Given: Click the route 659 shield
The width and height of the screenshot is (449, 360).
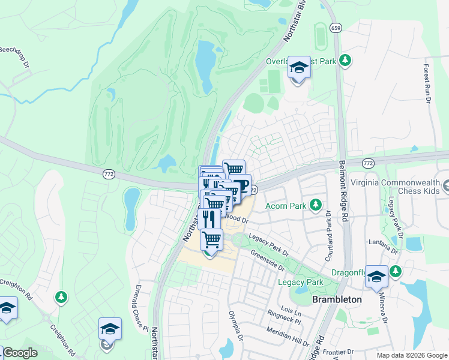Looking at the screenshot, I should pos(337,28).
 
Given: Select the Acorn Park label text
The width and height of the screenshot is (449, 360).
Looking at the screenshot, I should pos(286,206).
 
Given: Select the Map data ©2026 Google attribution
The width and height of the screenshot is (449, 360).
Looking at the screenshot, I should pos(411,355).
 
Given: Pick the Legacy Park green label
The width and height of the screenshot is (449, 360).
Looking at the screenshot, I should pos(300,282).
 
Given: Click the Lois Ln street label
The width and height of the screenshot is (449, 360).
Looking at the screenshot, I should pos(291,312).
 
